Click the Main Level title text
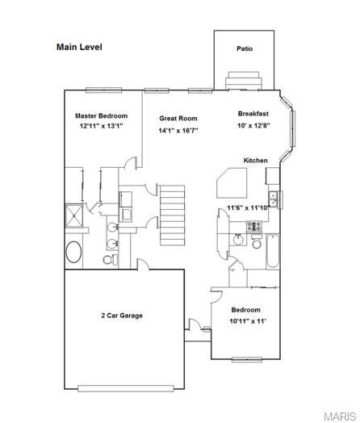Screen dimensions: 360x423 click(79, 47)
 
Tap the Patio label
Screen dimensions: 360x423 click(245, 48)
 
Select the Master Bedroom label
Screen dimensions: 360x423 click(102, 116)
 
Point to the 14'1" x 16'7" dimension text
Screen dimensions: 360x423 click(178, 131)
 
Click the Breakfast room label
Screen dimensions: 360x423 click(253, 114)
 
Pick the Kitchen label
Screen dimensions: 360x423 click(256, 161)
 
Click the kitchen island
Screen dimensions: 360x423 click(232, 183)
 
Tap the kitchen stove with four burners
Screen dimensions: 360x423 click(254, 226)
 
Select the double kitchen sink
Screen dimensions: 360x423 click(273, 199)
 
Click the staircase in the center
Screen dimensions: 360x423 click(172, 215)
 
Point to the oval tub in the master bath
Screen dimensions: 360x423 click(73, 252)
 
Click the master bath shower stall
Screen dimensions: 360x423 click(74, 216)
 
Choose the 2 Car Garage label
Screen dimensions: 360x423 click(122, 316)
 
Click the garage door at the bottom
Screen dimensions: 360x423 click(126, 388)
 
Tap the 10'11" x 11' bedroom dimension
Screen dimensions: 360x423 click(248, 321)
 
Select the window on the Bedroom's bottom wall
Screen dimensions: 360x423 click(247, 359)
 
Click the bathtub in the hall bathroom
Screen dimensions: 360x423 click(273, 252)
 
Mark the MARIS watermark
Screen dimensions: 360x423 click(340, 416)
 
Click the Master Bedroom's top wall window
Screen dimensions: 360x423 click(104, 90)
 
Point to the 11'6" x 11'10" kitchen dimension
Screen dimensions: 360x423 click(249, 208)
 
